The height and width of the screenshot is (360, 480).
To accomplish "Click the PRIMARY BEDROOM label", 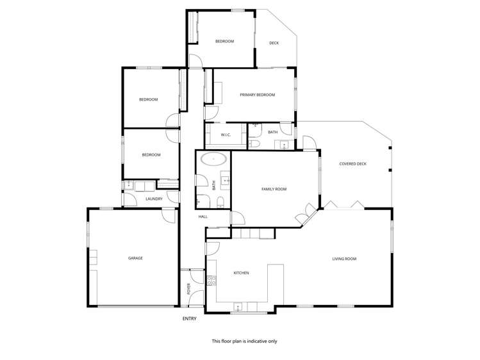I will click(257, 95).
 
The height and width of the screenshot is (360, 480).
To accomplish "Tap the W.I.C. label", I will click(226, 135).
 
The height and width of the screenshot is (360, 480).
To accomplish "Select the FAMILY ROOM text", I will click(274, 189).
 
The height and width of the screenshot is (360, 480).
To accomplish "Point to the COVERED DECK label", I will click(352, 164).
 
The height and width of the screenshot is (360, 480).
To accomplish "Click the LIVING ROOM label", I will click(343, 259).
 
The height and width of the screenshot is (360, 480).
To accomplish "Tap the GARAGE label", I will click(135, 258).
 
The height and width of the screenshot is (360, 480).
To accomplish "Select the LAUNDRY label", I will click(154, 199).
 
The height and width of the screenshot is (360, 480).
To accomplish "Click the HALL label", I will click(203, 217).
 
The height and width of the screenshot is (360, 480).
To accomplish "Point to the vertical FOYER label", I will click(189, 288).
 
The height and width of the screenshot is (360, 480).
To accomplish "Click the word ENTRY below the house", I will click(190, 318).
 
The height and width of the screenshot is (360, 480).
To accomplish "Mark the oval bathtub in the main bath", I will click(213, 159).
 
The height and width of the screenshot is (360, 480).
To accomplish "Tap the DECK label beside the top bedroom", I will click(274, 43).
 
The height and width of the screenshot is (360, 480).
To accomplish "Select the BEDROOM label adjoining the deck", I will click(224, 41).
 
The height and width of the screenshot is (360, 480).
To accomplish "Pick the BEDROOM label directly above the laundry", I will click(151, 154).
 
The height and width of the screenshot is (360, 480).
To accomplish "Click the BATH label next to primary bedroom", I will click(273, 132).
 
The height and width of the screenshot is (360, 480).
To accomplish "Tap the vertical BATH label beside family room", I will click(214, 184).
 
